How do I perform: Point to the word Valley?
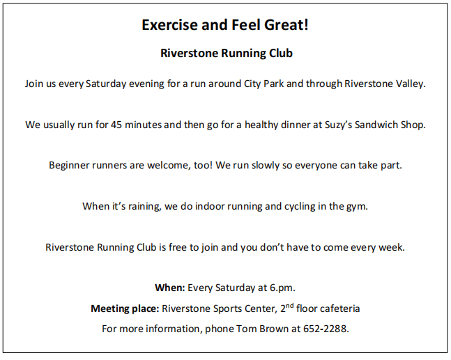408,84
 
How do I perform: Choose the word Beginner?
72,166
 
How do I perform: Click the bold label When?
170,288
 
